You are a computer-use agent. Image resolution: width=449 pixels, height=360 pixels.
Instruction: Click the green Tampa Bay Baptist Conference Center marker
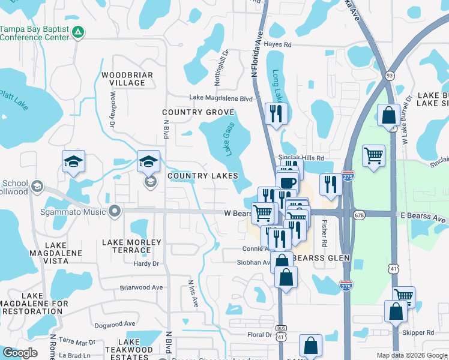click(77, 32)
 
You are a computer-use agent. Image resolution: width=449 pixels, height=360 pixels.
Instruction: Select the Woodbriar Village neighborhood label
click(127, 79)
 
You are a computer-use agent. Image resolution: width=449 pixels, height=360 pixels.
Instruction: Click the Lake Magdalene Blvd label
click(221, 98)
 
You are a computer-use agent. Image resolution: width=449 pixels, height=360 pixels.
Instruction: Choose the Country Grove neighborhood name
click(197, 112)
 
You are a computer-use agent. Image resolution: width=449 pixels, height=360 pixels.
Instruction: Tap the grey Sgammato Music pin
click(114, 211)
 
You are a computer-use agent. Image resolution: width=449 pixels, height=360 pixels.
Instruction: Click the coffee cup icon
click(289, 182)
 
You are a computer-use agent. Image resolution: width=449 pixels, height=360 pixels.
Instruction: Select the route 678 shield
click(360, 214)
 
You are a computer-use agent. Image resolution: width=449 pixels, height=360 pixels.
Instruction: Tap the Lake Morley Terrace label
click(131, 246)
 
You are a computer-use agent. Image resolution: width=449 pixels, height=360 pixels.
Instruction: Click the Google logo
click(20, 352)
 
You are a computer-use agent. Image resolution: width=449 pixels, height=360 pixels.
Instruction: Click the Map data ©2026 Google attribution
click(411, 355)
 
